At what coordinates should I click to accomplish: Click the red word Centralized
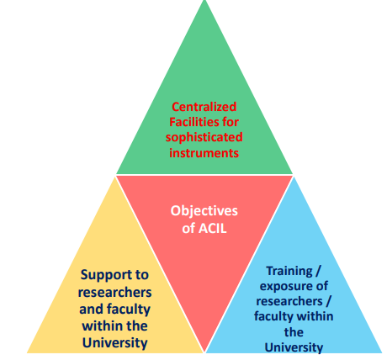[x=204, y=107]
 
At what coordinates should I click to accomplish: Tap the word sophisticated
[x=204, y=138]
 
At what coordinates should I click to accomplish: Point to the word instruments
[x=204, y=153]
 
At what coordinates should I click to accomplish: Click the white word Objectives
[x=204, y=211]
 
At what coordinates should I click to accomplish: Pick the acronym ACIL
[x=212, y=229]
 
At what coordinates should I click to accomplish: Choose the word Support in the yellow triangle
[x=103, y=275]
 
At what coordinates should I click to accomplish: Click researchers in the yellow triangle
[x=114, y=292]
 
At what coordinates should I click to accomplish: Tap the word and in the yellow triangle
[x=91, y=309]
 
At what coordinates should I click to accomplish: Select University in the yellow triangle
[x=115, y=343]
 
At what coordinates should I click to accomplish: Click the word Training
[x=289, y=272]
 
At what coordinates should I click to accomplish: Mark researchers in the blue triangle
[x=289, y=301]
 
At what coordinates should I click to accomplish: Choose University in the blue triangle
[x=294, y=347]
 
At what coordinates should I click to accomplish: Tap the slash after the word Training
[x=317, y=272]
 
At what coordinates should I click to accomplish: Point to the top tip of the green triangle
[x=204, y=1]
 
